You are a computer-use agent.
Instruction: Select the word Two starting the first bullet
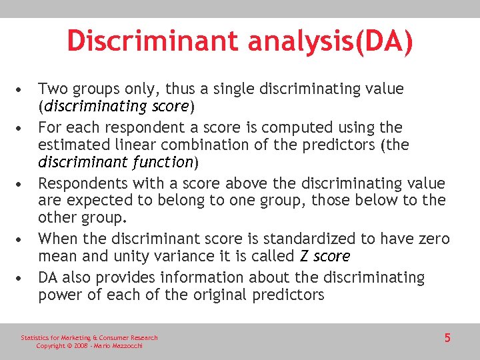[x=53, y=89]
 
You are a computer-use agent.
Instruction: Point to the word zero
[x=433, y=239]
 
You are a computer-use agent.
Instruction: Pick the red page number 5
[x=447, y=338]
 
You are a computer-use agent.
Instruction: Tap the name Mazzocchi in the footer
[x=125, y=346]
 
